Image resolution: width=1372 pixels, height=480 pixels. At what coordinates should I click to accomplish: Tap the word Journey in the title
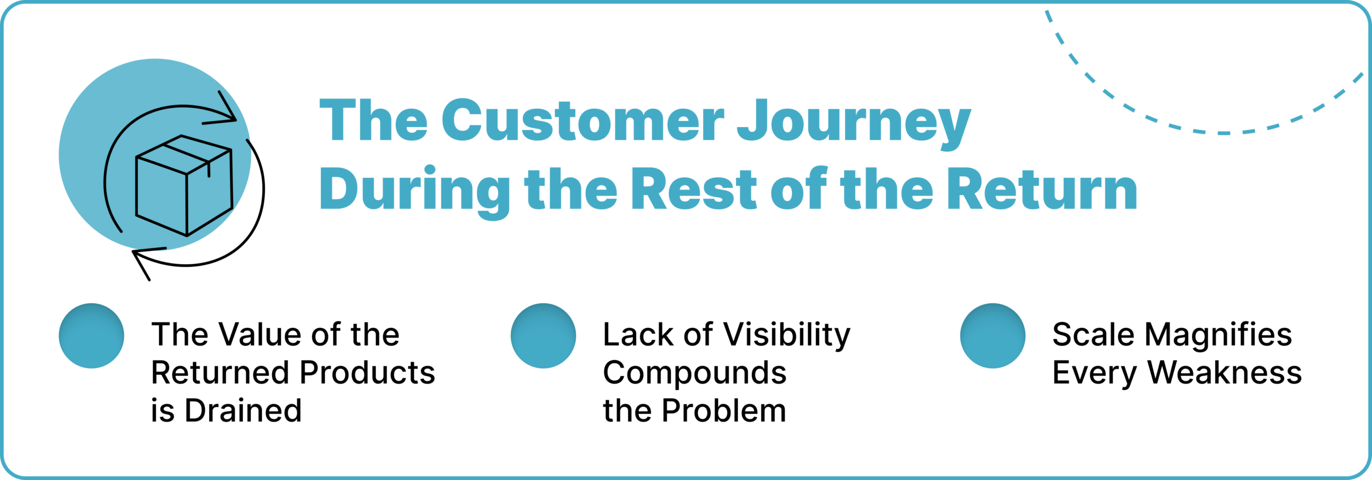[x=854, y=124]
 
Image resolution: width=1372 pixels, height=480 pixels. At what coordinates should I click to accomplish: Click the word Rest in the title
[x=694, y=189]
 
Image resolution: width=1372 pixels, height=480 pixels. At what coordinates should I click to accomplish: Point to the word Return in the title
[x=1042, y=189]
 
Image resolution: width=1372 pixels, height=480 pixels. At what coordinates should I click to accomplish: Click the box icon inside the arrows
[x=184, y=185]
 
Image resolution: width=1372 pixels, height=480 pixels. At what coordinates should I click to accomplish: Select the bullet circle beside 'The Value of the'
[x=92, y=336]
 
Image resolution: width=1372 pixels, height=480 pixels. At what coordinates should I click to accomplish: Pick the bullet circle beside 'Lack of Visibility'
[x=543, y=336]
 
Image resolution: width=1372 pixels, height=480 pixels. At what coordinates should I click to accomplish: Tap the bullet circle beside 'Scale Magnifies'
[x=993, y=336]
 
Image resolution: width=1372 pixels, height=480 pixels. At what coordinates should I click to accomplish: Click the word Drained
[x=243, y=410]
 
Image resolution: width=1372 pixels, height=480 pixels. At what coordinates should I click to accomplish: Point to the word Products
[x=368, y=372]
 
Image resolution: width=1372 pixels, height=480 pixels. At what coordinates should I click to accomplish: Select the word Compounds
[x=695, y=373]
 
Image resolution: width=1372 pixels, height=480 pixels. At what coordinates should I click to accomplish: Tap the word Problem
[x=724, y=410]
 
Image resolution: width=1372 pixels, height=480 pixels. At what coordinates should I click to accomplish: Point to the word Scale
[x=1093, y=334]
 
